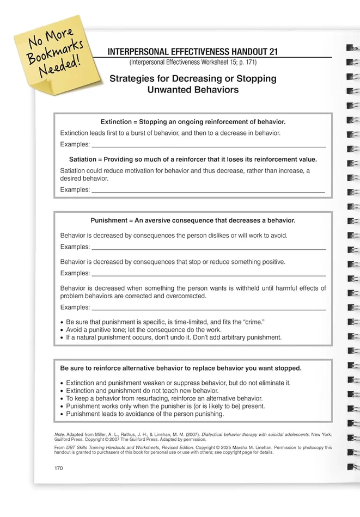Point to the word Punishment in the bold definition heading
(108, 220)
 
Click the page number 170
(59, 468)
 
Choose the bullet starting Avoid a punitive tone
(144, 330)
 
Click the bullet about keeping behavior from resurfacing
(164, 398)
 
